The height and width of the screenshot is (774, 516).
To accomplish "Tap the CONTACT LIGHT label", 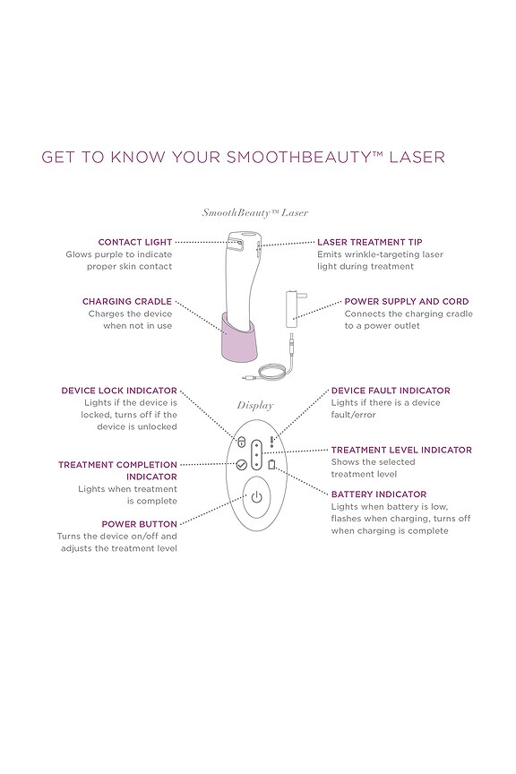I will click(134, 242).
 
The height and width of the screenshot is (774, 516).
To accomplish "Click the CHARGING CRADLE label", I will click(126, 302).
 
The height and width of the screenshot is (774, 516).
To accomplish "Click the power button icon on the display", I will click(256, 498).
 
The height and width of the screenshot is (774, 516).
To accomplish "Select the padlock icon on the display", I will click(241, 442).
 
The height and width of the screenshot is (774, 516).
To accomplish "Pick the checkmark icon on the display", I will click(241, 464).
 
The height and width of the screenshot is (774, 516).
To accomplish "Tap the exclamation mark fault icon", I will click(272, 440).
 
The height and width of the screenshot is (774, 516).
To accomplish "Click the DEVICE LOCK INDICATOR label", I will click(118, 391).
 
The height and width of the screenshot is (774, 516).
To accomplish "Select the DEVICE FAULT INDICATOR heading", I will click(391, 391).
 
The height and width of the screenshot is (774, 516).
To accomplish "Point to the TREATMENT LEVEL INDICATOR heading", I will click(401, 450).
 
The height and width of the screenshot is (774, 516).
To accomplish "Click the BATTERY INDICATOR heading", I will click(379, 494).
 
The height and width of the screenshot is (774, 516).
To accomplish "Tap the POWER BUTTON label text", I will click(139, 523).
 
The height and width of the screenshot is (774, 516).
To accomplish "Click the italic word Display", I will click(255, 405).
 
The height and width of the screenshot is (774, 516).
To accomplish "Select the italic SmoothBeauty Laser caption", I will click(255, 213).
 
